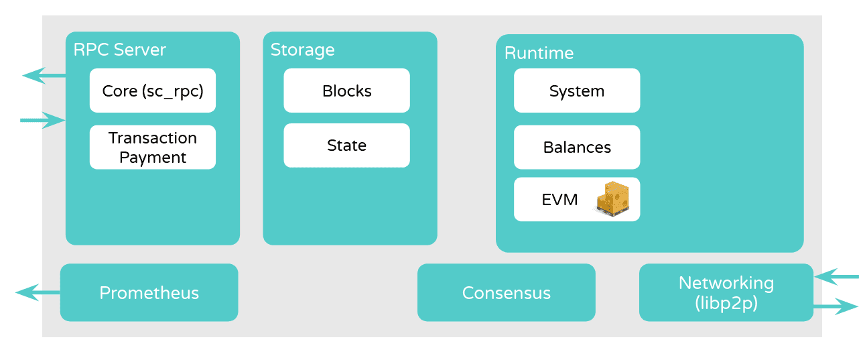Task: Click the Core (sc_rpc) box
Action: point(152,91)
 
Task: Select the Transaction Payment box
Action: point(152,147)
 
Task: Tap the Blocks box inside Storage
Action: point(346,91)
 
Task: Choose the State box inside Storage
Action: point(346,145)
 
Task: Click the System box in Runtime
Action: point(576,91)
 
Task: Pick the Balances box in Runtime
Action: point(576,147)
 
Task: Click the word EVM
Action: point(559,199)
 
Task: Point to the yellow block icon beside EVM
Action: point(612,198)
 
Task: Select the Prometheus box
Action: point(149,293)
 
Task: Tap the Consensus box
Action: point(506,293)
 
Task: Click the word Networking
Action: point(726,283)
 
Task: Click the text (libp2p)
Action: point(726,302)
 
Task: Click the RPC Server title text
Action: point(119,50)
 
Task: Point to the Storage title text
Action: point(302,50)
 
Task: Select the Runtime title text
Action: point(539,53)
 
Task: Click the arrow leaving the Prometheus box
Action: point(38,292)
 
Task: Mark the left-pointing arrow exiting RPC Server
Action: point(44,75)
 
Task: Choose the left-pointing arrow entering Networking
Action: point(836,276)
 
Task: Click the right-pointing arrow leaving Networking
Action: point(835,307)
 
